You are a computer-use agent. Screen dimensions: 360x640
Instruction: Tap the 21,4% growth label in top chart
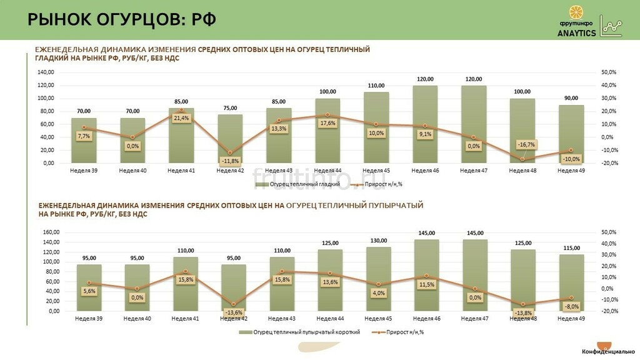tap(181, 118)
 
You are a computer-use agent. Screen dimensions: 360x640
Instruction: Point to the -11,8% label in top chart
tap(230, 161)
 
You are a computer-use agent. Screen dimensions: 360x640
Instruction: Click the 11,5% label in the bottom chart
tap(427, 284)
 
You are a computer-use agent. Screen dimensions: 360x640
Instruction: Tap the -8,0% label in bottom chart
tap(571, 306)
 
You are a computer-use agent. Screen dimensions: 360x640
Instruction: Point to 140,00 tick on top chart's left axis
tap(45, 72)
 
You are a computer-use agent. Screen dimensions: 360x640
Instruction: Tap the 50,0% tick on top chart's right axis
tap(608, 72)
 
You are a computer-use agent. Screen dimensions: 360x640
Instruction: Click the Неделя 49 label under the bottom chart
tap(571, 318)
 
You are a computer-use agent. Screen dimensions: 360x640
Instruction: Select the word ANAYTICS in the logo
tap(576, 33)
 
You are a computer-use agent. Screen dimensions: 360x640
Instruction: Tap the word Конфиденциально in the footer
tap(609, 352)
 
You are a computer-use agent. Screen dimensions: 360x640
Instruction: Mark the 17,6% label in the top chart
tap(327, 123)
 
